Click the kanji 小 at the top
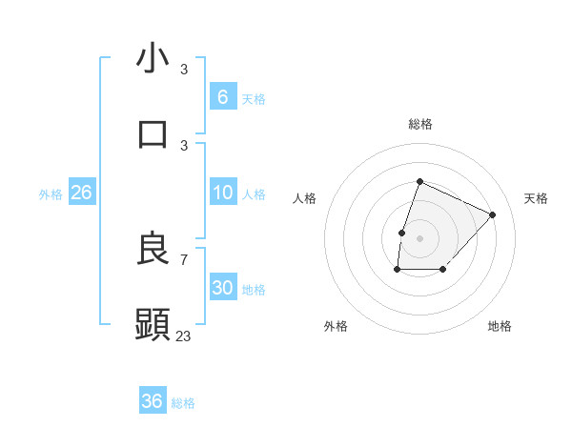point(153,59)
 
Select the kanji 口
point(153,133)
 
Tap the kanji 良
point(153,250)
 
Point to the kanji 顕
point(153,324)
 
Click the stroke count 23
point(184,336)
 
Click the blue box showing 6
point(222,96)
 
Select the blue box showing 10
point(222,193)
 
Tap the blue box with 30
point(222,288)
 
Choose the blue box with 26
point(81,193)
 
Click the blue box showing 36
point(153,401)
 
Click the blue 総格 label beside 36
point(183,403)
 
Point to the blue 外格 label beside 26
point(51,194)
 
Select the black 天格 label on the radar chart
point(536,198)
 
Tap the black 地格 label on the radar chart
point(500,326)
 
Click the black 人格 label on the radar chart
point(304,198)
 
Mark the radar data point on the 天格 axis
point(493,214)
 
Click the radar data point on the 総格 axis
point(419,181)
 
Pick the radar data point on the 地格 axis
point(443,270)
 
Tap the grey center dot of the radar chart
point(419,237)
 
